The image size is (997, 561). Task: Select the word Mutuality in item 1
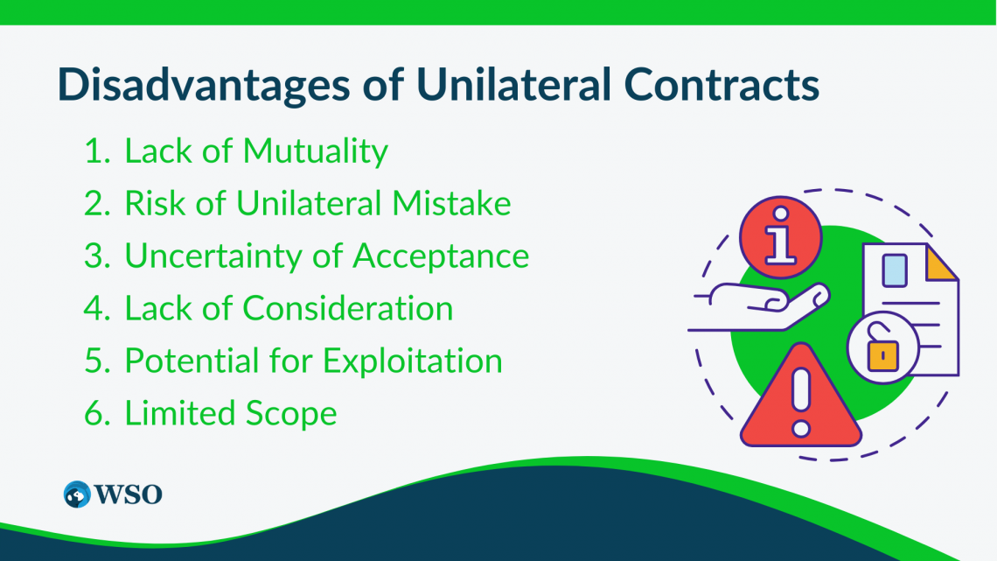[x=315, y=151]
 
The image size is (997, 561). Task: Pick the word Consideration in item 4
[x=347, y=308]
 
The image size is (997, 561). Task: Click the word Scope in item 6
[x=293, y=413]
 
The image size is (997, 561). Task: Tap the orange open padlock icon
[x=882, y=352]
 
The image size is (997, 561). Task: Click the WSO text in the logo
[x=129, y=494]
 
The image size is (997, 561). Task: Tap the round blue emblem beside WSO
[x=78, y=494]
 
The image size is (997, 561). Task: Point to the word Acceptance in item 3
[x=441, y=256]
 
